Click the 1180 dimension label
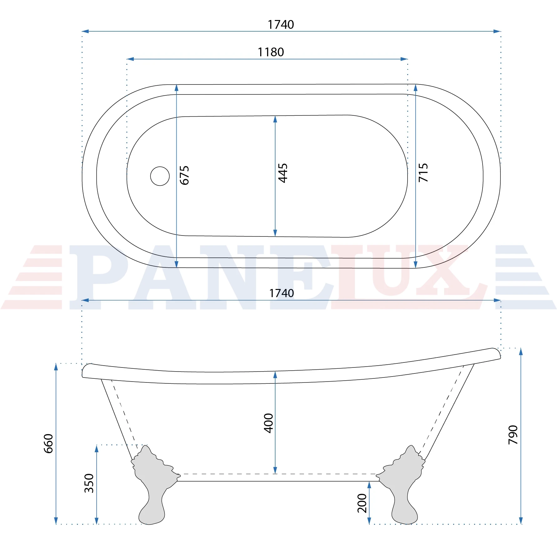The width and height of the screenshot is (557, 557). click(271, 52)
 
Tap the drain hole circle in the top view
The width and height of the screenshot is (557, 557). click(160, 176)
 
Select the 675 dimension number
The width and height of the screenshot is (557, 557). click(185, 175)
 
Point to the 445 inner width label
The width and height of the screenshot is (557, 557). click(283, 173)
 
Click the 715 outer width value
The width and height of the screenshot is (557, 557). click(423, 173)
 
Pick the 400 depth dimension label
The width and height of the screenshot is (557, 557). click(269, 423)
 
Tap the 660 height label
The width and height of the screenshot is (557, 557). click(48, 443)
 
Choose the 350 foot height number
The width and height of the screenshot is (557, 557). click(89, 483)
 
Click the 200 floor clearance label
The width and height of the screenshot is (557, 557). click(362, 503)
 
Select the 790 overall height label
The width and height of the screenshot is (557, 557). click(513, 435)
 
